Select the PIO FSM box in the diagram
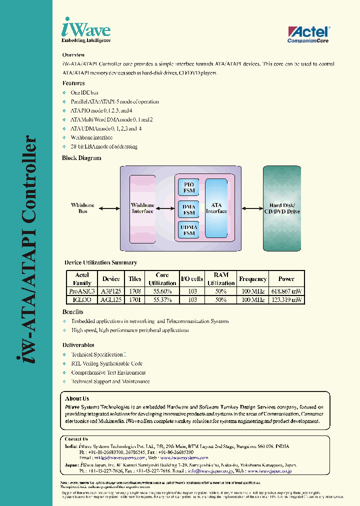pyautogui.click(x=189, y=187)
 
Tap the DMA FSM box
pyautogui.click(x=189, y=209)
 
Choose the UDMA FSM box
pyautogui.click(x=189, y=230)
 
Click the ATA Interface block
pyautogui.click(x=216, y=208)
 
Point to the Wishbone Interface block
pyautogui.click(x=142, y=208)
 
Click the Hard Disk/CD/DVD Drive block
pyautogui.click(x=282, y=208)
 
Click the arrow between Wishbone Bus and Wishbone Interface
pyautogui.click(x=110, y=208)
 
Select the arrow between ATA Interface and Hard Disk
pyautogui.click(x=252, y=208)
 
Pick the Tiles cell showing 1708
pyautogui.click(x=135, y=291)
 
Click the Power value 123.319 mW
pyautogui.click(x=286, y=300)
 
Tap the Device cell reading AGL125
pyautogui.click(x=111, y=300)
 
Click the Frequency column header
pyautogui.click(x=252, y=279)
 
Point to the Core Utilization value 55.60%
pyautogui.click(x=162, y=291)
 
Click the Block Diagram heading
pyautogui.click(x=81, y=158)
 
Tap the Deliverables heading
pyautogui.click(x=78, y=345)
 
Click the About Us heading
pyautogui.click(x=77, y=398)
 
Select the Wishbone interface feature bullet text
pyautogui.click(x=91, y=137)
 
